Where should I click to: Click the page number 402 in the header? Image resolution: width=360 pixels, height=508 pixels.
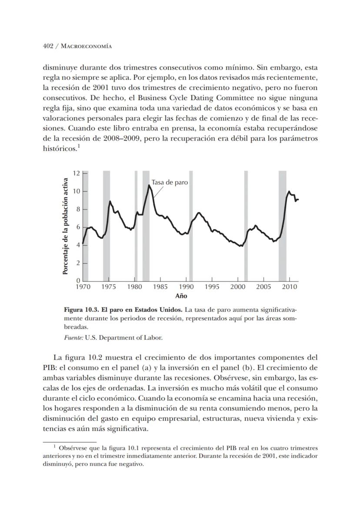point(48,46)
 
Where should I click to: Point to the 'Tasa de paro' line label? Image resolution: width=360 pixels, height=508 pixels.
point(170,182)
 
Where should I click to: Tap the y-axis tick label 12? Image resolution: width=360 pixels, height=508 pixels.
point(77,173)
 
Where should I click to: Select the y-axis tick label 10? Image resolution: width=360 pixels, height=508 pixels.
point(77,191)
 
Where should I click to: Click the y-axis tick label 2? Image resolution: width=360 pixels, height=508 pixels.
point(78,264)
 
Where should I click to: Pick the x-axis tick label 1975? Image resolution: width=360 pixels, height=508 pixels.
point(109,287)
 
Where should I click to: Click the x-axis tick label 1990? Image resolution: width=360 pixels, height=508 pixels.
point(186,287)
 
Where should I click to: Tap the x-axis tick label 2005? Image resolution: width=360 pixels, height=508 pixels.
point(263,287)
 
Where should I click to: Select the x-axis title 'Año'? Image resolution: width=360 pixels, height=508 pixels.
point(181,296)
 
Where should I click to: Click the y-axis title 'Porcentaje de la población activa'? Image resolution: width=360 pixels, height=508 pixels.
point(65,226)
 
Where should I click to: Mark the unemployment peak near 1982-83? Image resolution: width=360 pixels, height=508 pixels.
point(149,185)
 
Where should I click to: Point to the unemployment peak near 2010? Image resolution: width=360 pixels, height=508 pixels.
point(289,191)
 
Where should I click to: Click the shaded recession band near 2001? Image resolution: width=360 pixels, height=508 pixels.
point(246,226)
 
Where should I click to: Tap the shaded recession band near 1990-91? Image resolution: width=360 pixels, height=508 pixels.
point(190,226)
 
